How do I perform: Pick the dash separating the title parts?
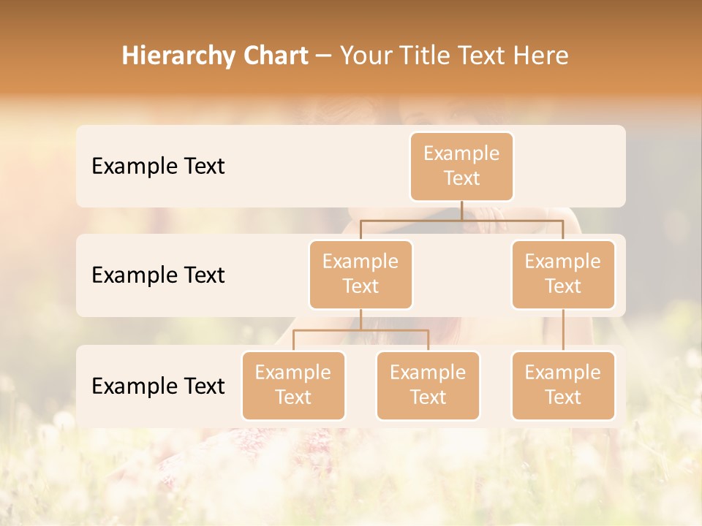(x=324, y=56)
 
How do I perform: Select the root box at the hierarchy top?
(x=461, y=166)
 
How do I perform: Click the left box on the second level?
(x=361, y=274)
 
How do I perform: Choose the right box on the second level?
(x=563, y=274)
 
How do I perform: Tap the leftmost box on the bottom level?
(x=293, y=385)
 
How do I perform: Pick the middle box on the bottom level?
(x=428, y=385)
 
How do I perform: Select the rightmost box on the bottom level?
(x=563, y=385)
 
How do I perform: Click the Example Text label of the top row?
(x=158, y=167)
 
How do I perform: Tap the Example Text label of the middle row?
(x=158, y=275)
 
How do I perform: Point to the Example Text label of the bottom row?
(x=158, y=386)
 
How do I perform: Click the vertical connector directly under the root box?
(x=461, y=210)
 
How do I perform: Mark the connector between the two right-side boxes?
(x=563, y=330)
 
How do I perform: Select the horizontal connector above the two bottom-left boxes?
(x=361, y=330)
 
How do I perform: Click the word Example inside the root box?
(x=461, y=153)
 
